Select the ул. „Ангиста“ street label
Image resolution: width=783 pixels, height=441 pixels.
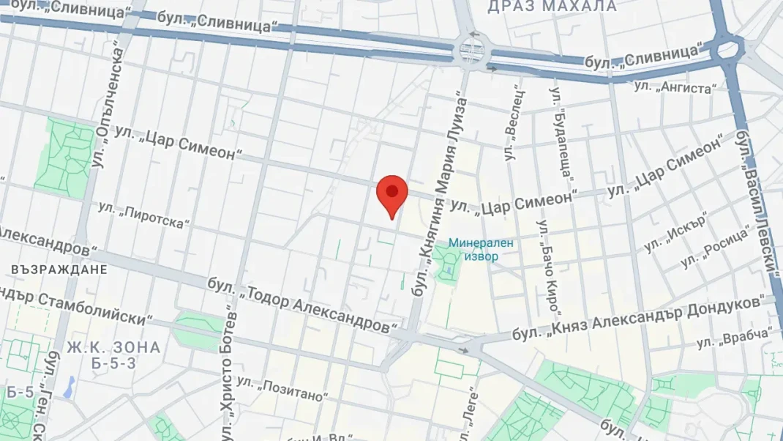pyautogui.click(x=675, y=88)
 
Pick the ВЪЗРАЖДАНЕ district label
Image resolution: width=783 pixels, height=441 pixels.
pyautogui.click(x=59, y=270)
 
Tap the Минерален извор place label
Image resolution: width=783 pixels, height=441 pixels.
pyautogui.click(x=481, y=249)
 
